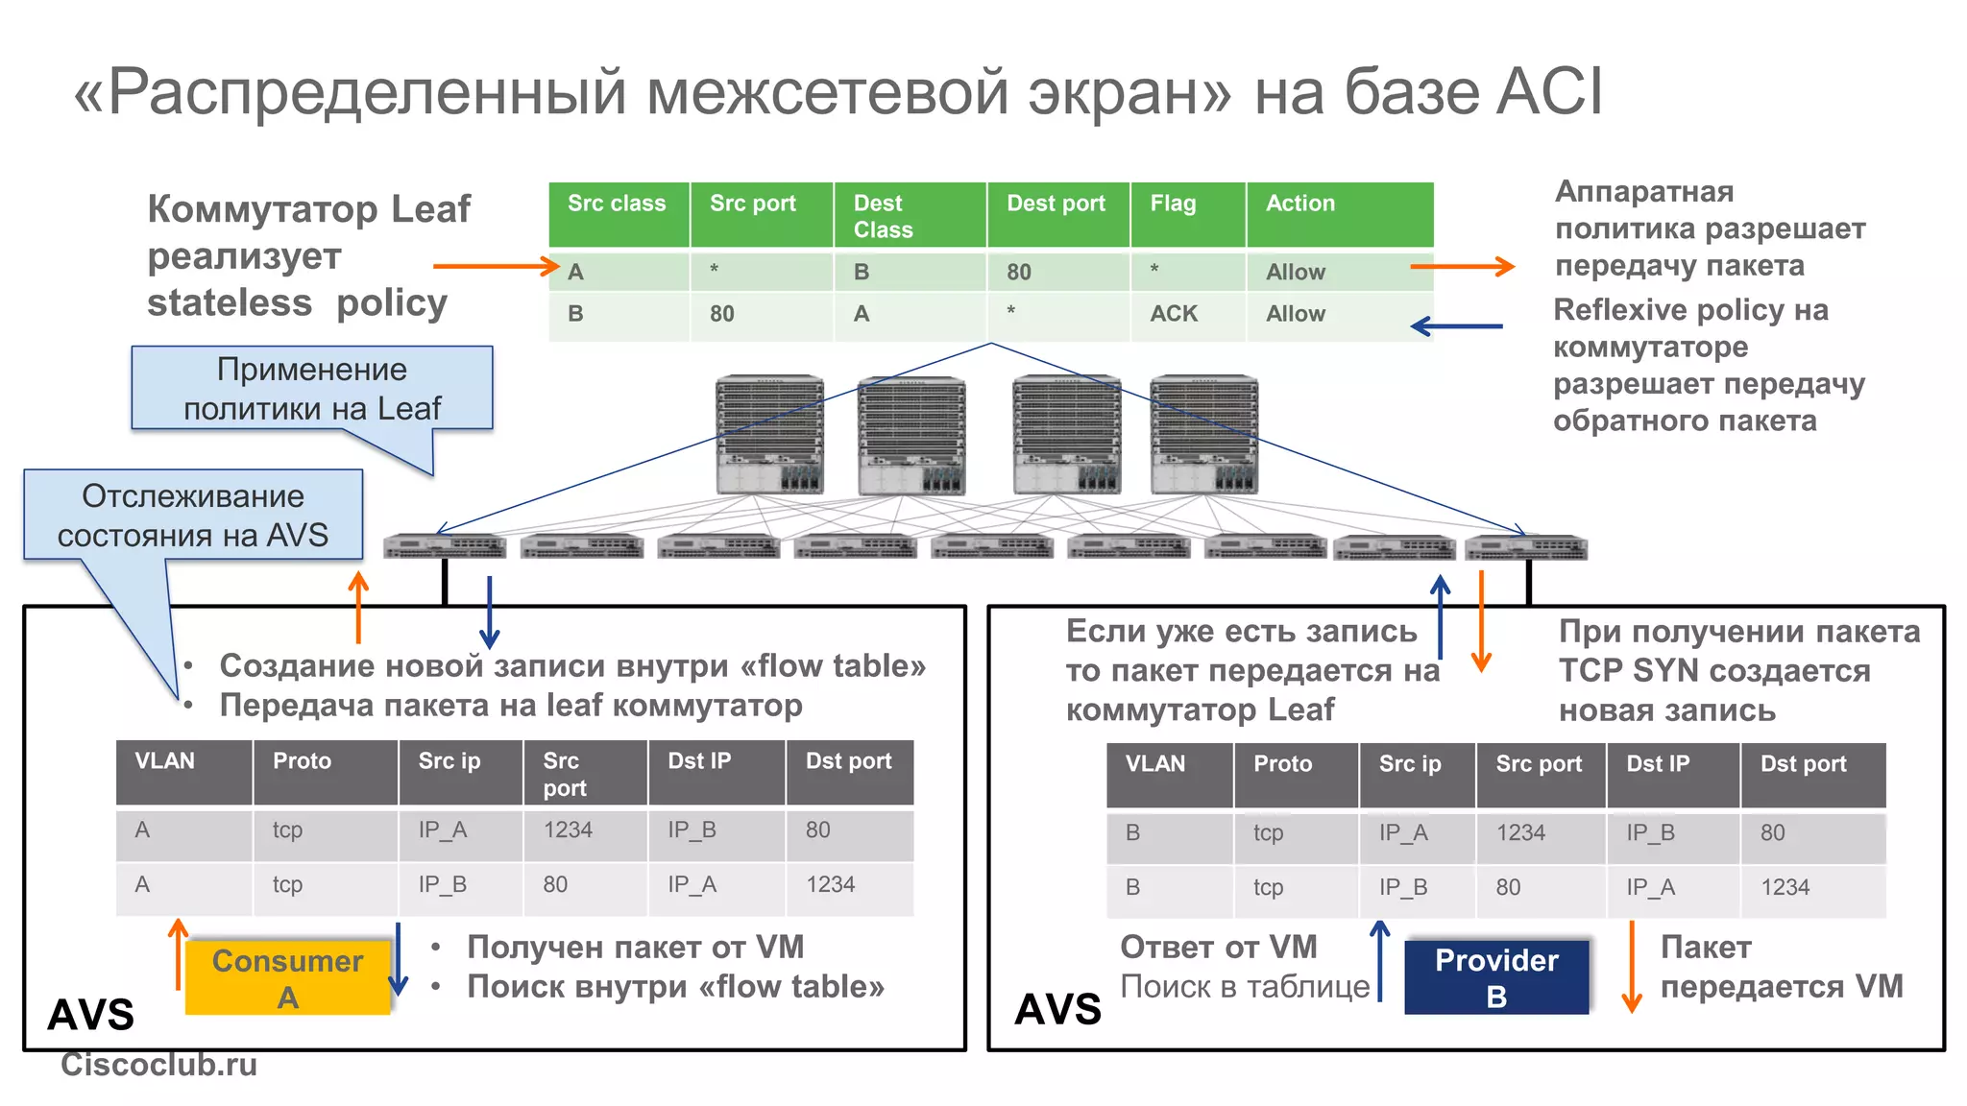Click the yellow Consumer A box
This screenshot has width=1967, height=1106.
(287, 977)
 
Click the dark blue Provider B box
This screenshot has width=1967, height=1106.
(1495, 977)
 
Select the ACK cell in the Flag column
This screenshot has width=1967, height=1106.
(1174, 314)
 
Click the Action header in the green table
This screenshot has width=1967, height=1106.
(1299, 204)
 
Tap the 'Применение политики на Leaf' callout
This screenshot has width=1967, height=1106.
(311, 388)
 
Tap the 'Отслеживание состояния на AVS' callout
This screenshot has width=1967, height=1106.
(192, 515)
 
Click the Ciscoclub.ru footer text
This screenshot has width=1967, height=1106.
(158, 1064)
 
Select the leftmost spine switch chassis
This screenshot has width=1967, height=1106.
(769, 434)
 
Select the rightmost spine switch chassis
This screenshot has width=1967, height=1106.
(1203, 434)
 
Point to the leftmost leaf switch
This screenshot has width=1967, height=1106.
(444, 547)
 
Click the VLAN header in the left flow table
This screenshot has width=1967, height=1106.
(165, 761)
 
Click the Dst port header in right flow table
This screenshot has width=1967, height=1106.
(1803, 764)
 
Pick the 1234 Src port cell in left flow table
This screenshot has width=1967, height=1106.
(568, 830)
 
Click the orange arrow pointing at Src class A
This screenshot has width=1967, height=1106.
(496, 266)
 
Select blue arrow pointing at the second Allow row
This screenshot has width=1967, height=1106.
(1456, 326)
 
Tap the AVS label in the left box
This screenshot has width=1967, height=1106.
(91, 1015)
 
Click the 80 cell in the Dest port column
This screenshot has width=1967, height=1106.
(1019, 273)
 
